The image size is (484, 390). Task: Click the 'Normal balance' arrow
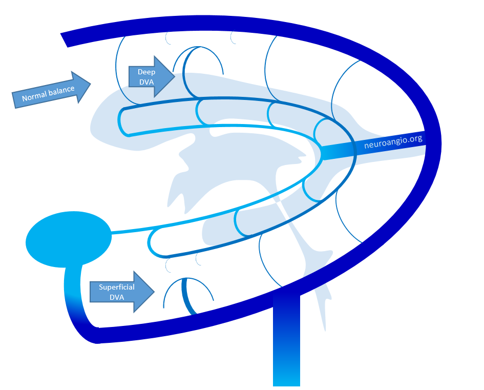tap(51, 91)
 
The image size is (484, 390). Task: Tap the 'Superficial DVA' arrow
tap(122, 292)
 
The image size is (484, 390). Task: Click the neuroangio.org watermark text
tap(393, 141)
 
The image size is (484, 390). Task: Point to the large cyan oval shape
tap(69, 239)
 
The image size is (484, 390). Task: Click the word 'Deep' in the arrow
tap(146, 72)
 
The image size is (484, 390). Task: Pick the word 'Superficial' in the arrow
tap(117, 287)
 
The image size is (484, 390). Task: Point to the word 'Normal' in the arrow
tap(34, 97)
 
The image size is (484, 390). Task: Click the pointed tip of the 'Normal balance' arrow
tap(91, 84)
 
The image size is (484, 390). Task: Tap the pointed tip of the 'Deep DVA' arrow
tap(175, 76)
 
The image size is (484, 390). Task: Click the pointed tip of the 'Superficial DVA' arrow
tap(154, 292)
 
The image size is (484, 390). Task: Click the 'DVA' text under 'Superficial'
tap(117, 297)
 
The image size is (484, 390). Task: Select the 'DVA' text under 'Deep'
tap(146, 82)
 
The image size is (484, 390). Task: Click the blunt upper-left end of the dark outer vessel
tap(64, 40)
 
